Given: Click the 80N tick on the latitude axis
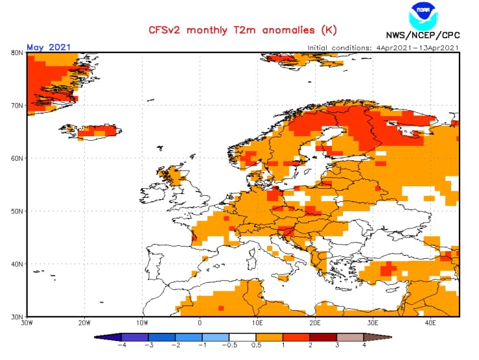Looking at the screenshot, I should click(18, 53).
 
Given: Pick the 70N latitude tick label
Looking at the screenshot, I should click(18, 105).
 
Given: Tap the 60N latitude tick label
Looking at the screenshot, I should click(18, 158).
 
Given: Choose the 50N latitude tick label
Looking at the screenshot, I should click(18, 211).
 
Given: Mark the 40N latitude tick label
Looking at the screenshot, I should click(18, 264).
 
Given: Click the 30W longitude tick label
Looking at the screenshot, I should click(27, 322).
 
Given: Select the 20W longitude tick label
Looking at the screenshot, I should click(84, 322).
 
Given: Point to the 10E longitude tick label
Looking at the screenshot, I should click(257, 322).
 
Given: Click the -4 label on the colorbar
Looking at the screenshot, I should click(121, 346).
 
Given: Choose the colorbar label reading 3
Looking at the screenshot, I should click(337, 346).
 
